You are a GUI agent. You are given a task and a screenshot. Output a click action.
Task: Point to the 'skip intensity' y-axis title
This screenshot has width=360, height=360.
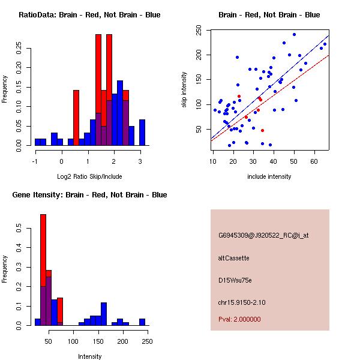click(x=185, y=90)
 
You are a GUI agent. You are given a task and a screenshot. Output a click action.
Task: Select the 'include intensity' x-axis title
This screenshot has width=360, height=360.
click(x=269, y=176)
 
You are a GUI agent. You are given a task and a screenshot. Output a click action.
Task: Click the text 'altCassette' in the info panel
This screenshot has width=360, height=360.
click(x=233, y=258)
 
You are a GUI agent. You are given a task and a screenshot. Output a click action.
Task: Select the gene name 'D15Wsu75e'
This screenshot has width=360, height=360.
click(x=235, y=280)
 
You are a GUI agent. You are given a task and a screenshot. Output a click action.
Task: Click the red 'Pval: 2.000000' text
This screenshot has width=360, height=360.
click(x=239, y=319)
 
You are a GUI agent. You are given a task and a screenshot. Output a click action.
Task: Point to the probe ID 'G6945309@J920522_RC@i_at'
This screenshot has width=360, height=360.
click(x=263, y=236)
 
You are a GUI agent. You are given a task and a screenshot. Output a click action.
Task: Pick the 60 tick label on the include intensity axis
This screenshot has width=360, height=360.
click(x=314, y=161)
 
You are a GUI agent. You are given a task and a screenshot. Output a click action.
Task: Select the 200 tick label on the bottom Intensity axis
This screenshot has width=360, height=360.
click(x=123, y=341)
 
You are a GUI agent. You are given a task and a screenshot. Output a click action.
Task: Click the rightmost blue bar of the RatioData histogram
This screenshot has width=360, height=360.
click(x=142, y=132)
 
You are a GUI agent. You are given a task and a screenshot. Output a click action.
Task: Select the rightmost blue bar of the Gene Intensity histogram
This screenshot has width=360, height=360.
click(x=142, y=322)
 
